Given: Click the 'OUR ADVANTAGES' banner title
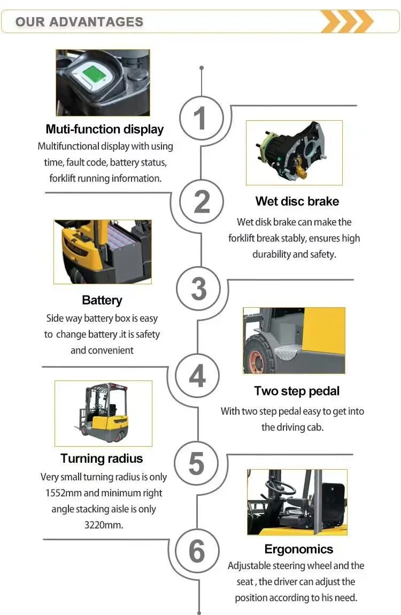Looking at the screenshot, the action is [x=79, y=21].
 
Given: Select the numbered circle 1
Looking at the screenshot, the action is [x=201, y=118].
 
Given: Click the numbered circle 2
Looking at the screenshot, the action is [x=201, y=201].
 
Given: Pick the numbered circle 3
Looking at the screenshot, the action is [x=198, y=289].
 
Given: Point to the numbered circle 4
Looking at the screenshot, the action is [x=197, y=376].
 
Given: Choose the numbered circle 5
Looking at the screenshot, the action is [x=196, y=463].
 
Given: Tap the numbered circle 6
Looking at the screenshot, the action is [x=197, y=551].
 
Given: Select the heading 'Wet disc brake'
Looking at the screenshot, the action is [x=297, y=201].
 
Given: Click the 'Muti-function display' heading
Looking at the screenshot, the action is [x=104, y=129].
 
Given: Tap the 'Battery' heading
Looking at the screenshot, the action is [x=102, y=300].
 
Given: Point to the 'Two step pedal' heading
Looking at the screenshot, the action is [x=297, y=391].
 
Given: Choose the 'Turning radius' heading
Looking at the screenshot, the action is [x=102, y=458].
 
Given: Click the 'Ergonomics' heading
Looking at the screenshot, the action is [x=298, y=549].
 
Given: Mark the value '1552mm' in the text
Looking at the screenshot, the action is [x=64, y=493].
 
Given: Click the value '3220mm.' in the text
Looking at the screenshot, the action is [x=104, y=525].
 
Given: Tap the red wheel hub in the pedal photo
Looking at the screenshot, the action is [x=256, y=361].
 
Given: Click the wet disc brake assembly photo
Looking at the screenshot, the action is [x=294, y=153].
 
